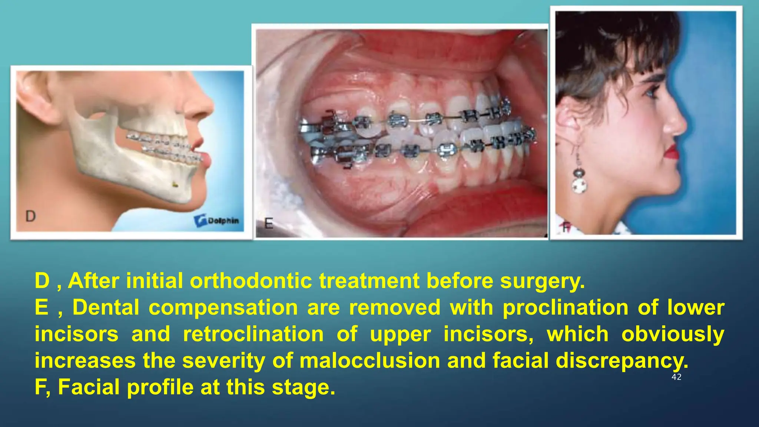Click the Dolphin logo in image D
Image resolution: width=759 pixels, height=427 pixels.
tap(217, 221)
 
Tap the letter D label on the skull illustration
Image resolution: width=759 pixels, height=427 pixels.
tap(30, 216)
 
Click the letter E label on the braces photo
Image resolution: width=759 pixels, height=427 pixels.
tap(269, 224)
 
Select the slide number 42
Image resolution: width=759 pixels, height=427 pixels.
tap(676, 377)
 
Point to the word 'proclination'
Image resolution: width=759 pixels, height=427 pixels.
tap(566, 308)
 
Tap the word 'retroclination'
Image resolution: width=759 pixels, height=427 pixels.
tap(253, 334)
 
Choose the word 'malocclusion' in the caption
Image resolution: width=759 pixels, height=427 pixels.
tap(369, 361)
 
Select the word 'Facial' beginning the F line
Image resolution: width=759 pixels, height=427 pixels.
tap(89, 387)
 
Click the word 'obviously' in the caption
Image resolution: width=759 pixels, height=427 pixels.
tap(673, 334)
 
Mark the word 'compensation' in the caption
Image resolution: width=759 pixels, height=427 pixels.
tap(223, 308)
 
